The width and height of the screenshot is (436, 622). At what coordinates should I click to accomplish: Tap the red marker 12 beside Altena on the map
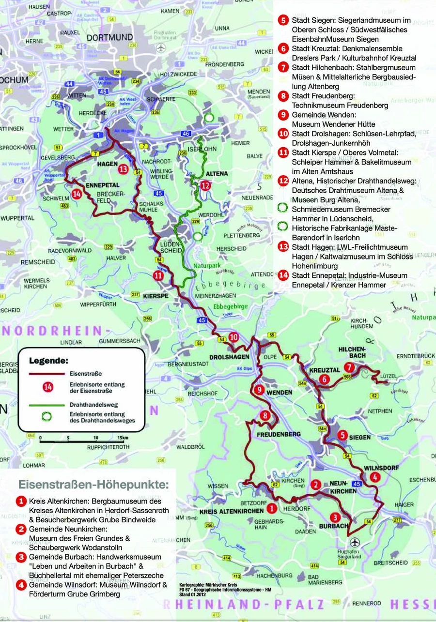(x=205, y=185)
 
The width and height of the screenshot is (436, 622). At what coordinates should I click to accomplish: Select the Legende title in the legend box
(x=48, y=361)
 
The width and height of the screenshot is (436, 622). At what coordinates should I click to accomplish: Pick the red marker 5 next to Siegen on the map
(x=343, y=435)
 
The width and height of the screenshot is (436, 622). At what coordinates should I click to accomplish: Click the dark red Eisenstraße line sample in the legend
(x=47, y=374)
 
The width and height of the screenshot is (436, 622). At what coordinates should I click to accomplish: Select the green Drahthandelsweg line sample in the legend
(x=47, y=404)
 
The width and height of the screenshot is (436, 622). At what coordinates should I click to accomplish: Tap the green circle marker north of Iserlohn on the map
(x=209, y=118)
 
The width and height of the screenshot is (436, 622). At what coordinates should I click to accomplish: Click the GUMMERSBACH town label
(x=119, y=341)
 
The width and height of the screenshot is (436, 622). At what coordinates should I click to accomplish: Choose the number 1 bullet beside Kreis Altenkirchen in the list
(x=21, y=501)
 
